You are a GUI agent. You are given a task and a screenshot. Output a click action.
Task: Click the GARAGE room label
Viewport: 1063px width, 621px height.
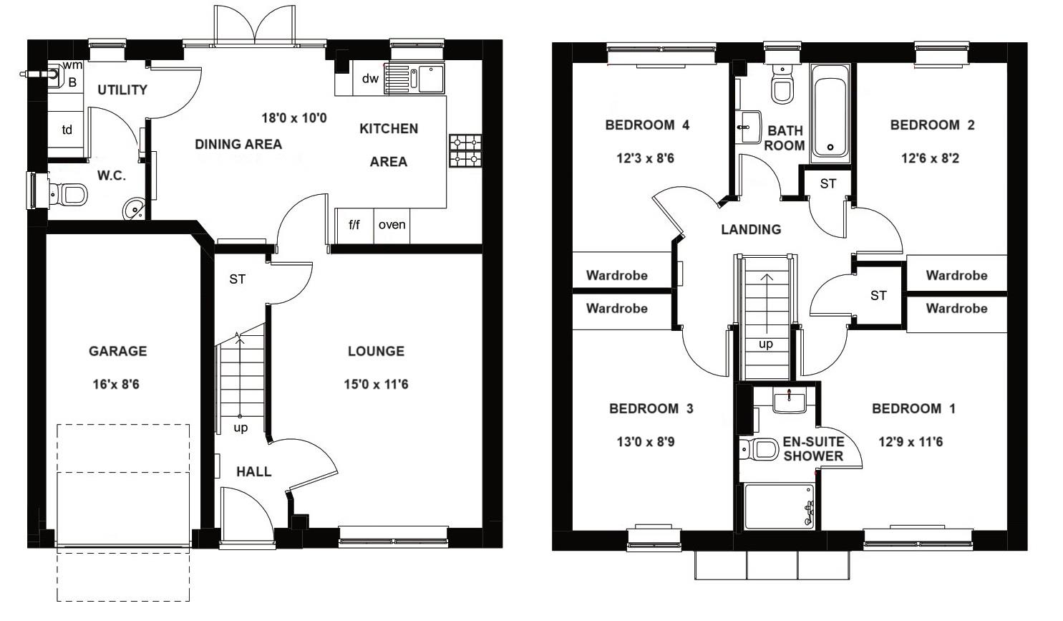(x=117, y=352)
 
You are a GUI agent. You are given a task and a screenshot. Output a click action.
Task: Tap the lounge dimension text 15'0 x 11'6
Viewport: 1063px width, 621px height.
(x=376, y=384)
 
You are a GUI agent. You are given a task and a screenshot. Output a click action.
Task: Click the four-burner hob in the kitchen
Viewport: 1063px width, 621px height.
(x=465, y=151)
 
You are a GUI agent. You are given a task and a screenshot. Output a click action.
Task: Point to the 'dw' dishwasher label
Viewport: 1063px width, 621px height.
(x=370, y=78)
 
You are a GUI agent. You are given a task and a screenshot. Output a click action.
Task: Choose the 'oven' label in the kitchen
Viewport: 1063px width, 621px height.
(x=392, y=225)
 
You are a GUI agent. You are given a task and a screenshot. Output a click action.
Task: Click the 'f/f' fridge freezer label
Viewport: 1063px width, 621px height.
(x=354, y=225)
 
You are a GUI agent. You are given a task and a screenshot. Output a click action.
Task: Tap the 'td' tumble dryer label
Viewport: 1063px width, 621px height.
(x=67, y=130)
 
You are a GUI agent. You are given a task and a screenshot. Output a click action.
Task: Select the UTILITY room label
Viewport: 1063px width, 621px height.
(x=122, y=90)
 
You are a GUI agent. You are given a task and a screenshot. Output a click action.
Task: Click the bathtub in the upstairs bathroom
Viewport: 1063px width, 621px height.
(x=830, y=113)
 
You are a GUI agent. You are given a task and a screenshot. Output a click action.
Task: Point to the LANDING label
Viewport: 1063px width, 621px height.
(x=751, y=230)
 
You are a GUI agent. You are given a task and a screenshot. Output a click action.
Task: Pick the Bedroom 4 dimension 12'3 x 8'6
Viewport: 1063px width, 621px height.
(x=645, y=158)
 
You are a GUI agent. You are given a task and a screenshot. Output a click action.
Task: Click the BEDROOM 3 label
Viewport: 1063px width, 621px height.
(x=651, y=409)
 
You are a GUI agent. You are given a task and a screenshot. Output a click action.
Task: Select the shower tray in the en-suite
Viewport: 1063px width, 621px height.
(x=780, y=506)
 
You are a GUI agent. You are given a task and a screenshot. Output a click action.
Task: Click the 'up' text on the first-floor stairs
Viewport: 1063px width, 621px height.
(x=765, y=345)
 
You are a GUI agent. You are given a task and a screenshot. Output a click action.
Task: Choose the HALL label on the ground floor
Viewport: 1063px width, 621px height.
(x=254, y=472)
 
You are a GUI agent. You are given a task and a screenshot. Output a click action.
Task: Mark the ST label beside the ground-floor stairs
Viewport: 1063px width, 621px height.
(x=237, y=279)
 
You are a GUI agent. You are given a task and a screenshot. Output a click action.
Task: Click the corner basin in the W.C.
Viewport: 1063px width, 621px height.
(x=134, y=209)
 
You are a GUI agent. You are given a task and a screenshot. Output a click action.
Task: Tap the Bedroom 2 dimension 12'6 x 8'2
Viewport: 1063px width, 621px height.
(x=930, y=158)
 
